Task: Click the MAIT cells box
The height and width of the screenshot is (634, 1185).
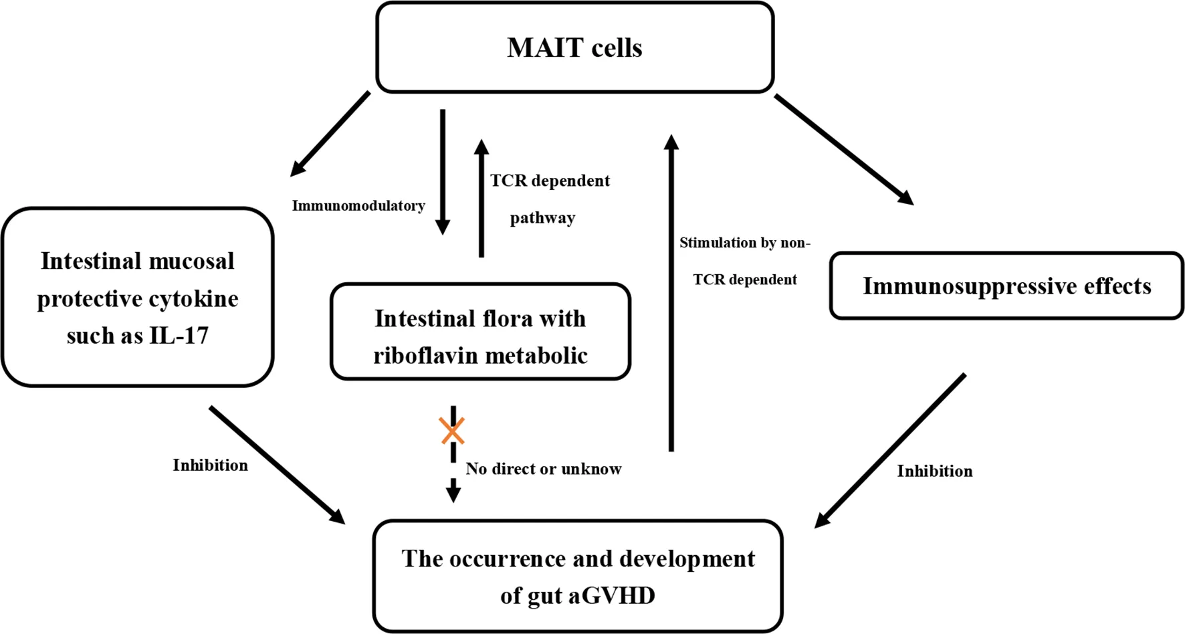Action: [x=574, y=47]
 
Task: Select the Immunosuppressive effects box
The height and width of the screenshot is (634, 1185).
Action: [x=1006, y=286]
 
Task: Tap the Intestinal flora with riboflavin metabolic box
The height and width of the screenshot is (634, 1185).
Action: [x=480, y=332]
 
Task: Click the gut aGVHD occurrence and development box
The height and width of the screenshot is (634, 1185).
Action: [x=578, y=576]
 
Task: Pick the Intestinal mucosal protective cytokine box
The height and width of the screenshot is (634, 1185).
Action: [x=138, y=297]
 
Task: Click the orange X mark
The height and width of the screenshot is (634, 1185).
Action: [x=453, y=431]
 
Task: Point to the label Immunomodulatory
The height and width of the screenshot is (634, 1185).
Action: [x=358, y=206]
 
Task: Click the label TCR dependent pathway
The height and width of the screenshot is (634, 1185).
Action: [x=549, y=199]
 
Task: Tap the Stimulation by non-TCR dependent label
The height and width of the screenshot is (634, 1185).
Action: [x=744, y=261]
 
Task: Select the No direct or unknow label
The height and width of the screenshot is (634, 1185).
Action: [x=543, y=469]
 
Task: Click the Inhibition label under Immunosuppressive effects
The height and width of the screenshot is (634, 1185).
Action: [x=934, y=471]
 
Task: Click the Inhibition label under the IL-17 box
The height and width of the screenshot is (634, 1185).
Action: [x=210, y=465]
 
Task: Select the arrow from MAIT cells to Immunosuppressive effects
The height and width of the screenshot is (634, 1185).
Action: [x=843, y=149]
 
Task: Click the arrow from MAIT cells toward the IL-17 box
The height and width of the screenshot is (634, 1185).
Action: [x=330, y=134]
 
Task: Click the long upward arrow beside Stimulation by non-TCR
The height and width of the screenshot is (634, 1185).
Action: [x=671, y=294]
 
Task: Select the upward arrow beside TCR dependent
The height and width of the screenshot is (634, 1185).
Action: [x=481, y=198]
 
